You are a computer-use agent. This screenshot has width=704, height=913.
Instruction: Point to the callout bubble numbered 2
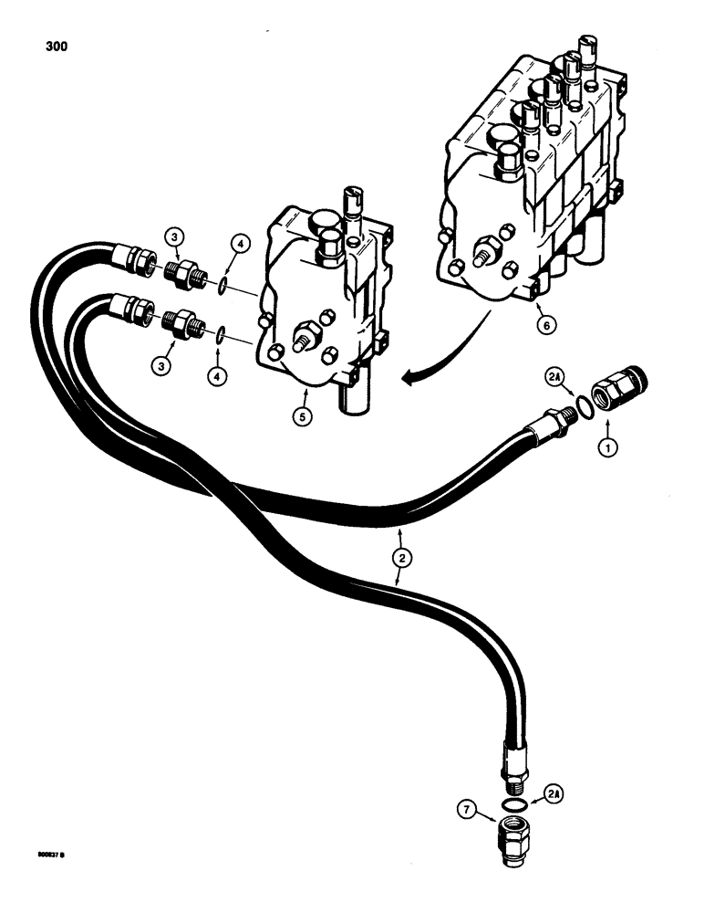tap(399, 553)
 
